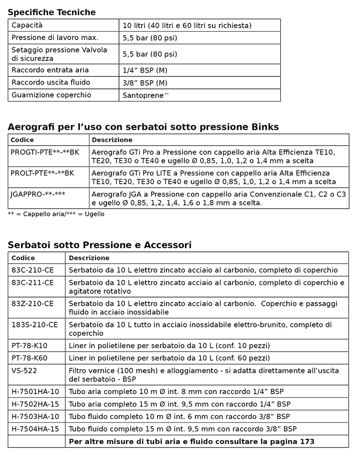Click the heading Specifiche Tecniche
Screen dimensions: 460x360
pos(52,12)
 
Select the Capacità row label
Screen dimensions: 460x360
pos(27,25)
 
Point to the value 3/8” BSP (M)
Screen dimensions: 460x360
pos(145,83)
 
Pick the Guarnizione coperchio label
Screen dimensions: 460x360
pos(52,95)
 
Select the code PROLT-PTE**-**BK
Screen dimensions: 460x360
pos(42,173)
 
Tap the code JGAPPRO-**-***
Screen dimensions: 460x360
pos(38,194)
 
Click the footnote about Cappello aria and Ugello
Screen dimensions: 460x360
pos(56,214)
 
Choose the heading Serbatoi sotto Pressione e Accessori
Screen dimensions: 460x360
pos(100,245)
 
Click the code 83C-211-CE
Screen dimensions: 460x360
pos(32,282)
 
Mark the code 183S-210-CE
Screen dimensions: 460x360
pos(35,324)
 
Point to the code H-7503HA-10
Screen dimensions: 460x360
pos(35,416)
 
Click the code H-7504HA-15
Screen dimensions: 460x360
pos(35,429)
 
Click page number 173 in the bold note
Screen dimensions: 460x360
pos(307,441)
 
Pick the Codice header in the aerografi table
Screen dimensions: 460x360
pos(22,140)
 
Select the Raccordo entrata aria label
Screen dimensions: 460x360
pos(50,70)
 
